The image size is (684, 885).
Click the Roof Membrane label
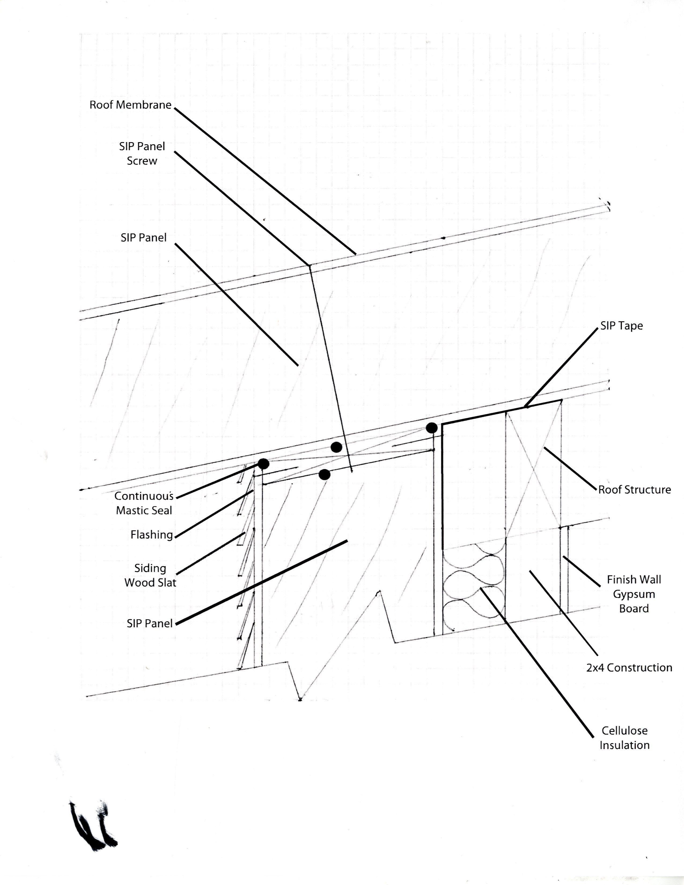tap(130, 105)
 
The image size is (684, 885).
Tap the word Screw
tap(142, 161)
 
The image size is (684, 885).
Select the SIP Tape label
tap(621, 326)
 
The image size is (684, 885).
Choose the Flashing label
tap(152, 535)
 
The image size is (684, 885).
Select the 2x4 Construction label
tap(629, 668)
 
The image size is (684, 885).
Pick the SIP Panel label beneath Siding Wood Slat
tap(149, 623)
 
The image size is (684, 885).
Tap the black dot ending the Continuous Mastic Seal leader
tap(263, 464)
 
